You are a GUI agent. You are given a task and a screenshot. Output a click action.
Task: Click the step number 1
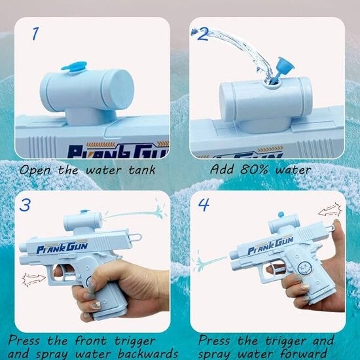[35, 34]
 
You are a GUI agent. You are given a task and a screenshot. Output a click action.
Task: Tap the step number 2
[203, 35]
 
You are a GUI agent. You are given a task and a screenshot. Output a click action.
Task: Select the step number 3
[25, 205]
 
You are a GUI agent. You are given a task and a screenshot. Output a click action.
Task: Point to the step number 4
[204, 205]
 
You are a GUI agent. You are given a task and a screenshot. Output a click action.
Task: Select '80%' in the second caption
[254, 170]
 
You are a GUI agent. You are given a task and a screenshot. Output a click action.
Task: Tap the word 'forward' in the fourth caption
[304, 354]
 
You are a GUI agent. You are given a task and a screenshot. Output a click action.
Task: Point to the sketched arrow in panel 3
[34, 279]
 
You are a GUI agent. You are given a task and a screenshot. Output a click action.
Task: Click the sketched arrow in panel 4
[330, 210]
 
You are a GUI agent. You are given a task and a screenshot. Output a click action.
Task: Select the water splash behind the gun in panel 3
[135, 213]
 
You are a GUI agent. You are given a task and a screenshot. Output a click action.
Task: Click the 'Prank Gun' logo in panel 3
[62, 247]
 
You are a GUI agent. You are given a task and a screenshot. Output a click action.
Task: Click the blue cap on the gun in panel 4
[281, 215]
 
